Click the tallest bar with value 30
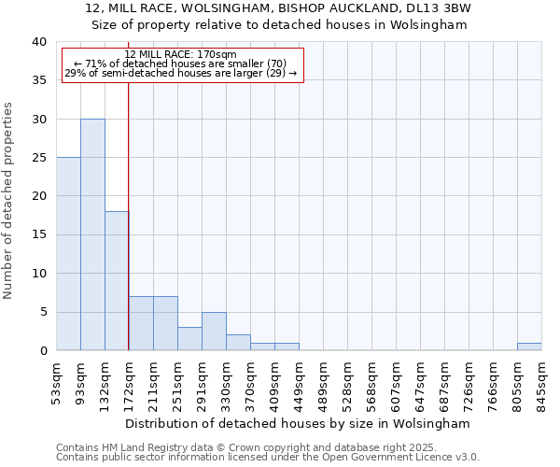[x=92, y=234]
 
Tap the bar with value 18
[x=117, y=280]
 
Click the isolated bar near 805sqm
[x=529, y=347]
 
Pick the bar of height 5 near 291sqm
[x=214, y=332]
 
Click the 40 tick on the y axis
[x=38, y=42]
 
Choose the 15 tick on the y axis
[x=38, y=235]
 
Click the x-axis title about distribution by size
[x=298, y=423]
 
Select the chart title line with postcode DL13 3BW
[x=278, y=8]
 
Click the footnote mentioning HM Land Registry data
[x=268, y=447]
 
